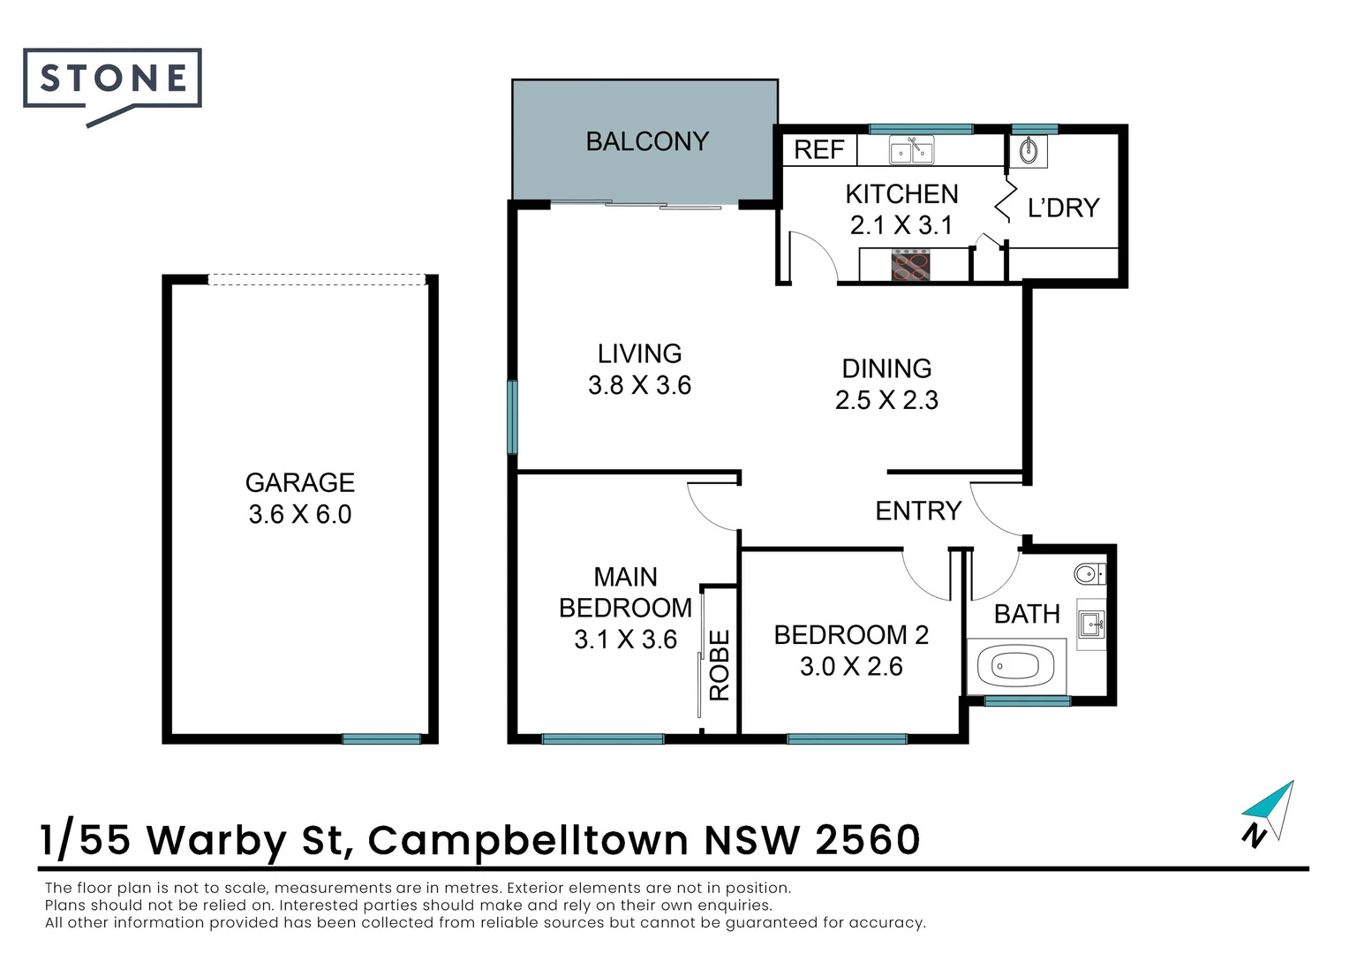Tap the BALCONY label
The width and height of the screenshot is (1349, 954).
(647, 142)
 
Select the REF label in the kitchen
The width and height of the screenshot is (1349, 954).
(819, 150)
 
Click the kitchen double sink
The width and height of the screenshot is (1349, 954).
(911, 149)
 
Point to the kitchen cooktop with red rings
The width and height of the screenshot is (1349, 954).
(910, 265)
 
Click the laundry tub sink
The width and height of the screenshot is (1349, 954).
(1029, 151)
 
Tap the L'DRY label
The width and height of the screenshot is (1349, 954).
(1064, 208)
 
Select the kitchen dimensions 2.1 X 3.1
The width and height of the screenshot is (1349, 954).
(901, 225)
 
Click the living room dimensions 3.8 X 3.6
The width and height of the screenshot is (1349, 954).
(639, 386)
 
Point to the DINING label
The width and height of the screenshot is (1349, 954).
(886, 369)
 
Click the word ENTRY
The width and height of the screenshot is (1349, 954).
(918, 511)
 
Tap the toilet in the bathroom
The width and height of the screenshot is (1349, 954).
(1090, 574)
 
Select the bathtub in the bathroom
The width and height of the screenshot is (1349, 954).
(1016, 667)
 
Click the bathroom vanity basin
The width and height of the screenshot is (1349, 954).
(1092, 624)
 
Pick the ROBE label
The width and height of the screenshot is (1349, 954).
(720, 665)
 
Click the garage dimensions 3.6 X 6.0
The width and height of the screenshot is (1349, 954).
(300, 515)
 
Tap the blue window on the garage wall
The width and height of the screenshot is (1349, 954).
(381, 738)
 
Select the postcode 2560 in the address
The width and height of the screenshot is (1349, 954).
(867, 840)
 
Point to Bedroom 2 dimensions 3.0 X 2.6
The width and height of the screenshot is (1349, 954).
(851, 667)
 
